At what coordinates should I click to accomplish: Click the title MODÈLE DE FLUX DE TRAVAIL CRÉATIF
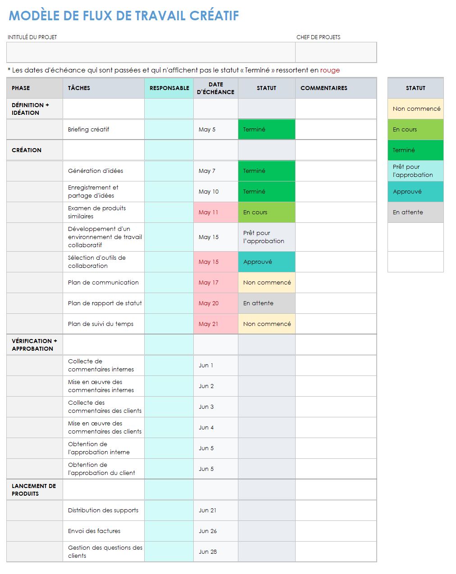[124, 16]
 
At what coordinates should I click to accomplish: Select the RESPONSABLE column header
[169, 88]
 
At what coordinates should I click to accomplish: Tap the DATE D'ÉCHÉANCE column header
[215, 88]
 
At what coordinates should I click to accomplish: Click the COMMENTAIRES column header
[324, 88]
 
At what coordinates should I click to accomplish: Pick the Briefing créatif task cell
[89, 130]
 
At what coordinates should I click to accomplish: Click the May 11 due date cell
[208, 212]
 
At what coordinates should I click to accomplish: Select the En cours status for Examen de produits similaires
[255, 212]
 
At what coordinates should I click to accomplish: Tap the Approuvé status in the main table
[258, 262]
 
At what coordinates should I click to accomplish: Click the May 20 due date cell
[209, 303]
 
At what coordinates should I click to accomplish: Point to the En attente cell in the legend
[408, 212]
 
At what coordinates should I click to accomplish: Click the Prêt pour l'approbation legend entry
[413, 171]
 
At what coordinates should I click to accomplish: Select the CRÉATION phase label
[27, 150]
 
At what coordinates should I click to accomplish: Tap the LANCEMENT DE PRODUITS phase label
[34, 490]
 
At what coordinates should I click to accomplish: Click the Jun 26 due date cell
[208, 531]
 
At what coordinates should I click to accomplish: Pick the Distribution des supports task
[103, 511]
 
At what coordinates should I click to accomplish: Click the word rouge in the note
[330, 70]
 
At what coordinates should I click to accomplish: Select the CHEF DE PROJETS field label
[318, 37]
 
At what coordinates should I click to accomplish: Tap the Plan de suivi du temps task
[100, 324]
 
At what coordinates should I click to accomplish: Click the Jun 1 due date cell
[206, 366]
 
